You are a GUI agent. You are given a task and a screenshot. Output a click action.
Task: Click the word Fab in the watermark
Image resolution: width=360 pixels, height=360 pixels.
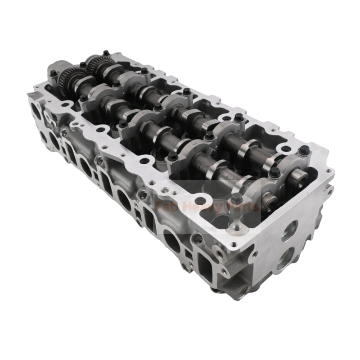pos(164,207)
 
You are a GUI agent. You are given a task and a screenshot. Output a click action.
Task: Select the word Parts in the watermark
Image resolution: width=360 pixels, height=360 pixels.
pos(240,207)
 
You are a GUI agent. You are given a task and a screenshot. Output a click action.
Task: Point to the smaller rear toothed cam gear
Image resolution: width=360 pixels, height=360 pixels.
pos(97,65)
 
